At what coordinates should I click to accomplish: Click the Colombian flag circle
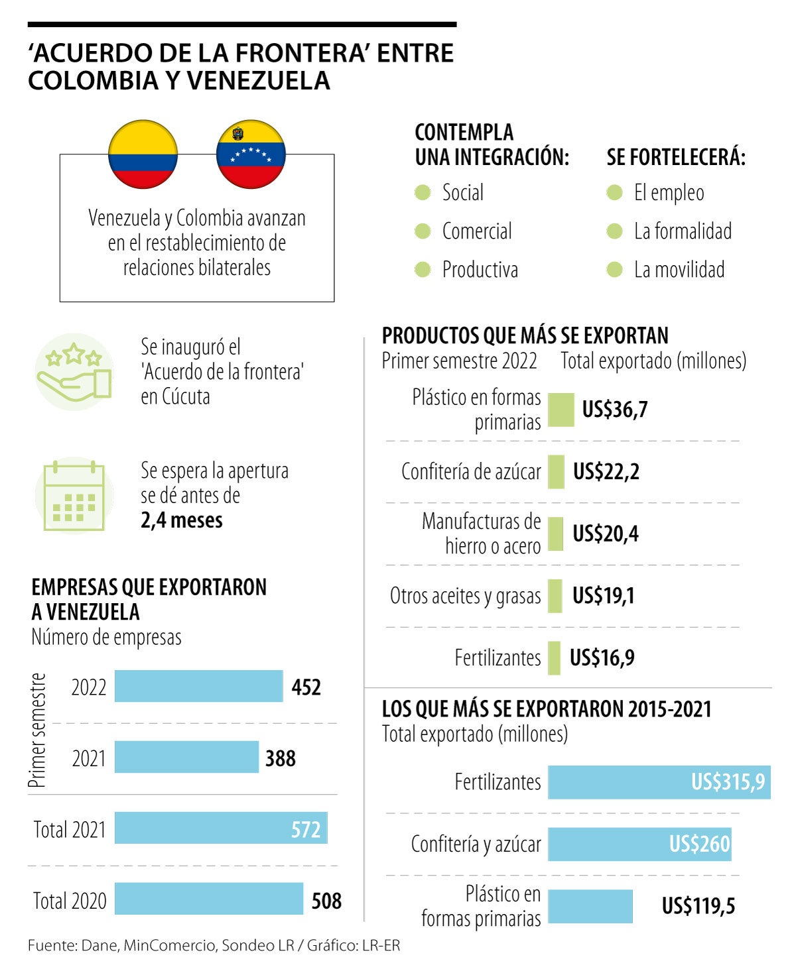click(x=143, y=154)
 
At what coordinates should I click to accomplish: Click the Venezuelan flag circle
click(x=251, y=154)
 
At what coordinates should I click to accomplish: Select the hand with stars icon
click(x=74, y=371)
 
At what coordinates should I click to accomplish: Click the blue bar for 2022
click(x=198, y=686)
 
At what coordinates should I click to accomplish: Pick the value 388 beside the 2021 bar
click(x=281, y=758)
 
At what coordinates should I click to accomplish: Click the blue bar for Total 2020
click(x=208, y=899)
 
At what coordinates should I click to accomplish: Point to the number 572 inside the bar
click(x=306, y=829)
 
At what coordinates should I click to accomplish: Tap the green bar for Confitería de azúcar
click(x=556, y=472)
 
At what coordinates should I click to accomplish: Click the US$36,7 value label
click(x=615, y=410)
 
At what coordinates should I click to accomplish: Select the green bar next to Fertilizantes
click(x=554, y=658)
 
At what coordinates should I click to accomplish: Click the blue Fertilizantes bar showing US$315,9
click(x=659, y=782)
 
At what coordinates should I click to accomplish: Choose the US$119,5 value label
click(x=698, y=905)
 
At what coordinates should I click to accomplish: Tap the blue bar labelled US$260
click(x=639, y=844)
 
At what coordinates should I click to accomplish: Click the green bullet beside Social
click(x=423, y=193)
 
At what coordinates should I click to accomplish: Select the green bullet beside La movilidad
click(x=615, y=270)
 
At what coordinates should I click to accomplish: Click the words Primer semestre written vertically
click(x=38, y=730)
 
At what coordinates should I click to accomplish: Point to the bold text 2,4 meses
click(x=182, y=520)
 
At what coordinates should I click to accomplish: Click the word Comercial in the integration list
click(x=477, y=231)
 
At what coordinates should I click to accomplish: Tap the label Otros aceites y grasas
click(x=465, y=596)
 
